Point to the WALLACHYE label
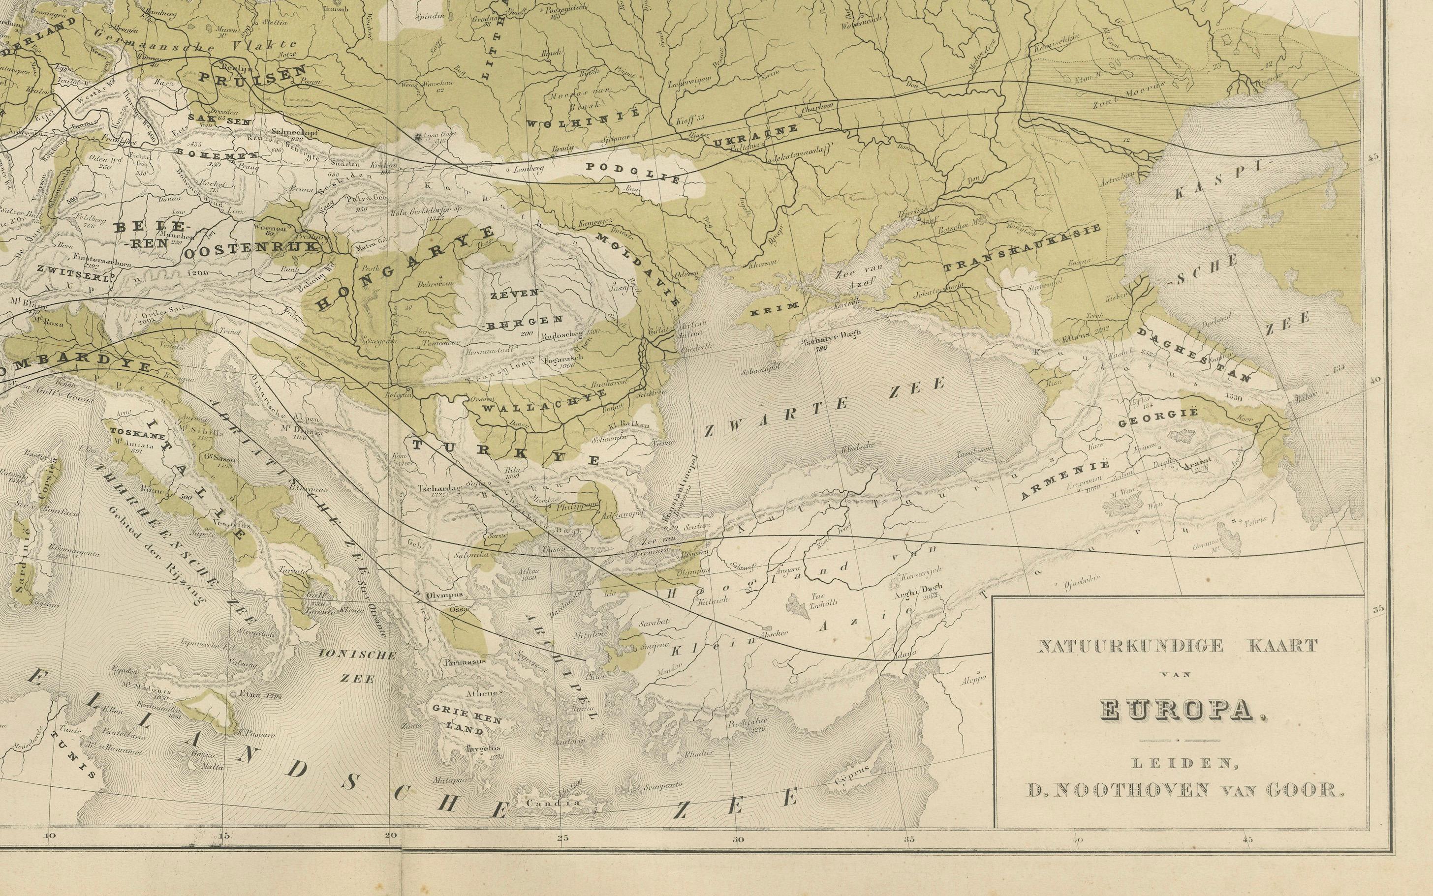click(x=544, y=402)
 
